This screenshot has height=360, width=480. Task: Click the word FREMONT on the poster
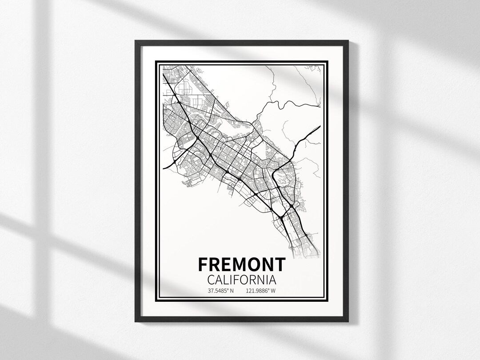point(241,264)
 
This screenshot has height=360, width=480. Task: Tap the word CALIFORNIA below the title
point(241,280)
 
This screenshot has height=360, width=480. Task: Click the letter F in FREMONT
point(203,264)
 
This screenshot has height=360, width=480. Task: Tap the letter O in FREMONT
point(254,264)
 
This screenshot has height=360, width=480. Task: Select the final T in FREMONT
point(280,264)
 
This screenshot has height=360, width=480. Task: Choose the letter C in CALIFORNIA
point(212,280)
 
